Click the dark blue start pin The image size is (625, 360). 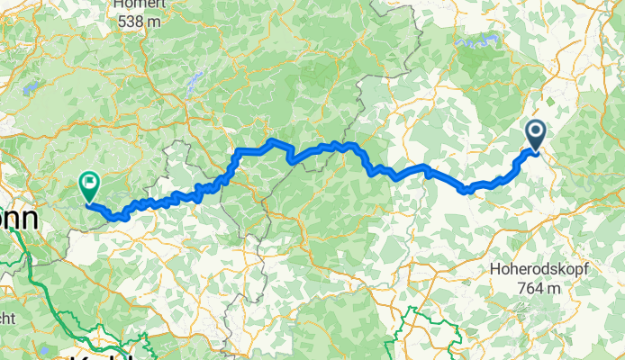tap(534, 136)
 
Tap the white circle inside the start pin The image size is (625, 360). tap(534, 132)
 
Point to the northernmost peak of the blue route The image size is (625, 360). tap(273, 141)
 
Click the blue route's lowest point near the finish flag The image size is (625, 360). tap(113, 217)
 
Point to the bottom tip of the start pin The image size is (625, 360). tap(534, 152)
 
